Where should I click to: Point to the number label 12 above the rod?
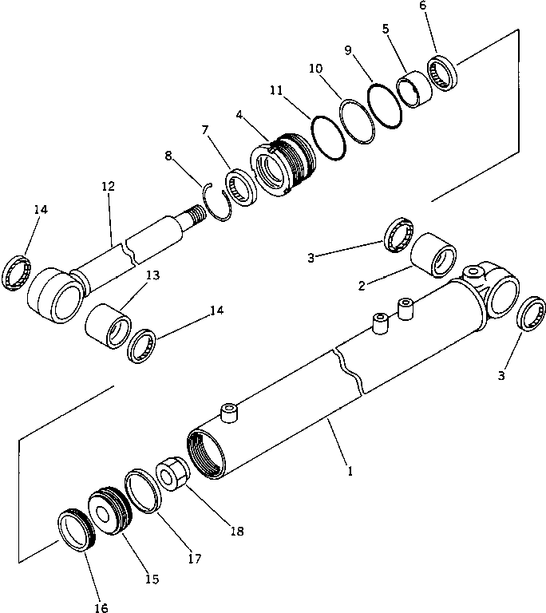(x=108, y=187)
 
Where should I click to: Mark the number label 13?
(x=152, y=275)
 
